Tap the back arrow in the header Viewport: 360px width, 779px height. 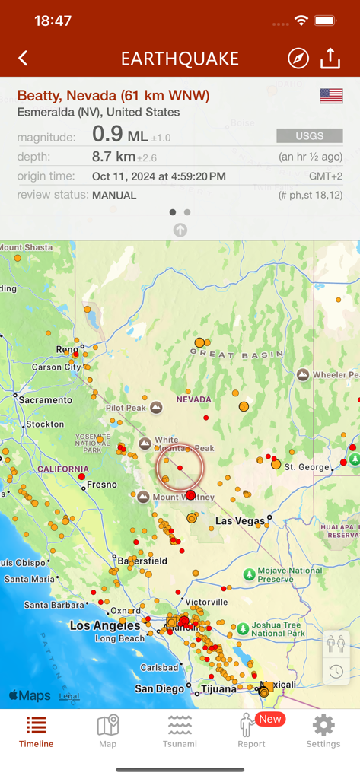click(x=23, y=59)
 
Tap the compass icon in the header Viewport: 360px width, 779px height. click(x=298, y=59)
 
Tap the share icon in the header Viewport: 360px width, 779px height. click(x=330, y=59)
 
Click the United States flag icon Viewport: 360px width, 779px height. click(x=331, y=96)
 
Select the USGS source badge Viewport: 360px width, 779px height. click(x=309, y=135)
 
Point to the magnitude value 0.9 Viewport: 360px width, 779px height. click(x=107, y=135)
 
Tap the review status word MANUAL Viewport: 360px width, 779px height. click(x=114, y=196)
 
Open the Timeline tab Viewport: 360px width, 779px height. click(x=36, y=731)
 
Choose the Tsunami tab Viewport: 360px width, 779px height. click(x=180, y=731)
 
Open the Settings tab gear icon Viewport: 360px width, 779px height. click(x=323, y=725)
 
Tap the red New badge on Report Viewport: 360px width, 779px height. click(x=270, y=719)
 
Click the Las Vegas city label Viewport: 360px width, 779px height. click(x=240, y=521)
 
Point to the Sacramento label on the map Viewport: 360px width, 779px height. click(x=45, y=399)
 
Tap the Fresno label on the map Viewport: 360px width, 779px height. click(x=102, y=485)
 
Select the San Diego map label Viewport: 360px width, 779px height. click(x=159, y=689)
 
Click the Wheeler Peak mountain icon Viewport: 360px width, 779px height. click(x=303, y=375)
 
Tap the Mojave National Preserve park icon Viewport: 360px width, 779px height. click(x=248, y=573)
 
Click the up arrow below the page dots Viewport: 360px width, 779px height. click(x=180, y=230)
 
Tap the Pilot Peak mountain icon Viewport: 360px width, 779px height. click(x=156, y=408)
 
